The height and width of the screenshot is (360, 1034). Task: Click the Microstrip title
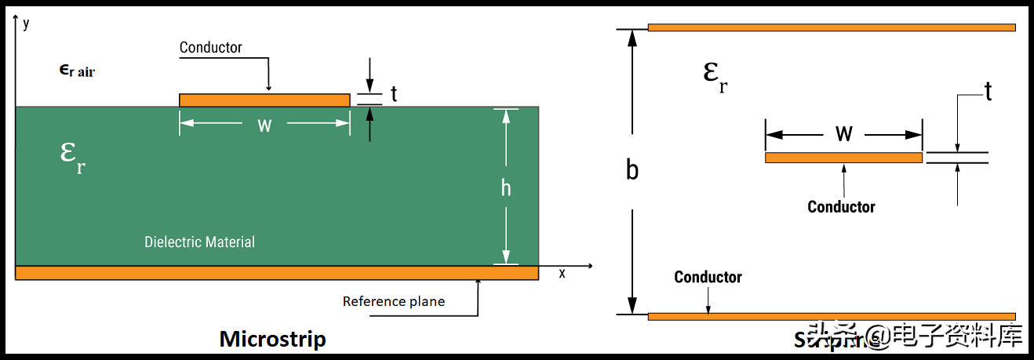[272, 339]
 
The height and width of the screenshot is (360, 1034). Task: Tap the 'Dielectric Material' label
[199, 242]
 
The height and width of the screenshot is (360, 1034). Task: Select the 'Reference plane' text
[394, 301]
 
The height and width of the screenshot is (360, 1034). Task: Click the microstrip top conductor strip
[264, 100]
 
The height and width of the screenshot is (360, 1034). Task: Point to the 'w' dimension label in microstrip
[264, 125]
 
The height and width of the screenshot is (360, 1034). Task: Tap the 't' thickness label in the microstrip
[394, 94]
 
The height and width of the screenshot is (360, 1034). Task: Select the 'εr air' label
[77, 71]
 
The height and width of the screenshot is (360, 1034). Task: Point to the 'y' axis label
[27, 23]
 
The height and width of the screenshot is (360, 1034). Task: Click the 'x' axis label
[562, 274]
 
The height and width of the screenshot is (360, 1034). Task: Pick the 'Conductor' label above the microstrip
[211, 47]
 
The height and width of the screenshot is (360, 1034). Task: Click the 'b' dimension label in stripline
[632, 170]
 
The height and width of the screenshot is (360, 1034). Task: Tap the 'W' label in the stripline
[843, 133]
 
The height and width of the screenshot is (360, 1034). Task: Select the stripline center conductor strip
[843, 158]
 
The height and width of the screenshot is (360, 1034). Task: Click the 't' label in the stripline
[988, 93]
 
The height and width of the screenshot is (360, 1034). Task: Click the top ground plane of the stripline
[832, 27]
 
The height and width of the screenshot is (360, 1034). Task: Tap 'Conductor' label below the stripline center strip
[841, 207]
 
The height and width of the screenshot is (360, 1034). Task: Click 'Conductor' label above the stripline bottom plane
[708, 277]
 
